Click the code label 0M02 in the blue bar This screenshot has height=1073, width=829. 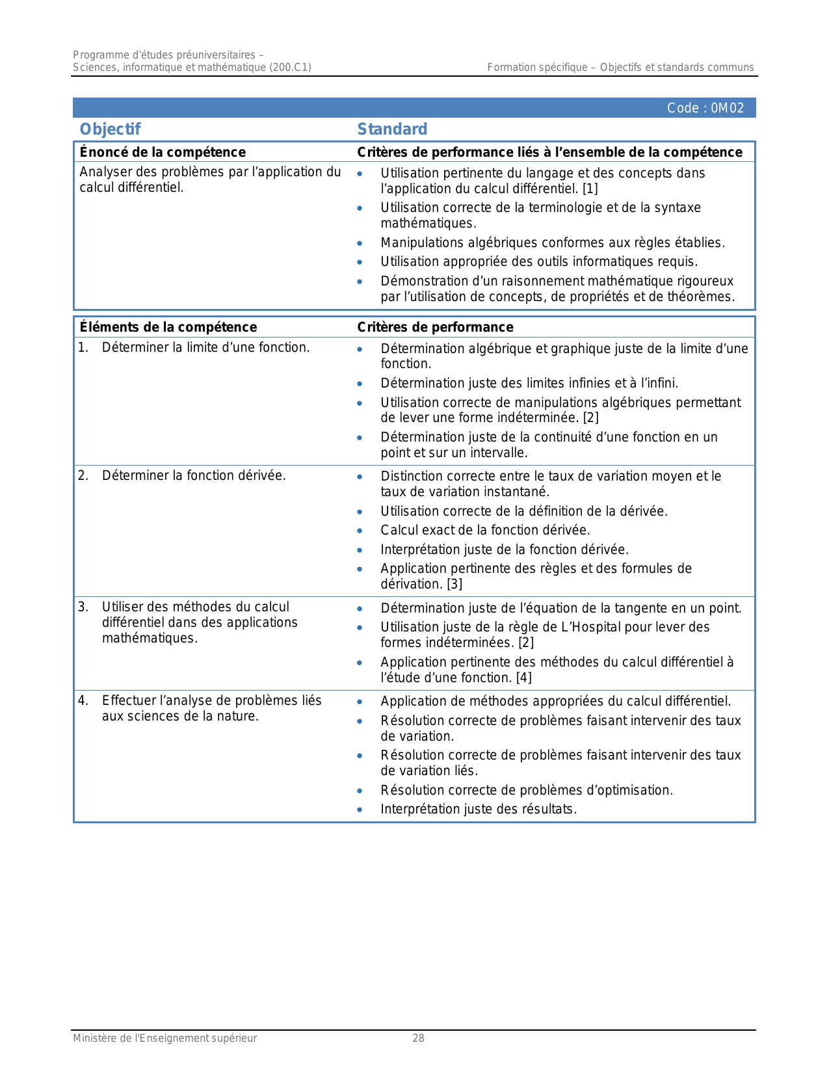tap(705, 108)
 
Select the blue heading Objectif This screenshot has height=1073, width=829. tap(110, 129)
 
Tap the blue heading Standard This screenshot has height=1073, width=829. tap(392, 129)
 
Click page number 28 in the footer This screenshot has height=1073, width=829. tap(418, 1039)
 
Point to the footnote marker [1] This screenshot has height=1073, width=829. tap(590, 189)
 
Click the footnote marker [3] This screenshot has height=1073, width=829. tap(454, 584)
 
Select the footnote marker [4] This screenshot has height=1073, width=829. tap(523, 678)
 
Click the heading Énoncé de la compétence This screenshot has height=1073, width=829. tap(163, 152)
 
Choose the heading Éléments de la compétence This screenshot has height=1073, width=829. tap(168, 327)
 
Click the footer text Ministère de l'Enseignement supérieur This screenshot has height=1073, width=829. tap(164, 1039)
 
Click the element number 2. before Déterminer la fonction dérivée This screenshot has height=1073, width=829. tap(83, 475)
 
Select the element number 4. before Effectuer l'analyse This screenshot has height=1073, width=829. tap(83, 700)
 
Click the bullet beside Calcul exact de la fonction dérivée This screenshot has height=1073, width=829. tap(360, 531)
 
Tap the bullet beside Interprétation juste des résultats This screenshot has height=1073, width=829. tap(360, 810)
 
